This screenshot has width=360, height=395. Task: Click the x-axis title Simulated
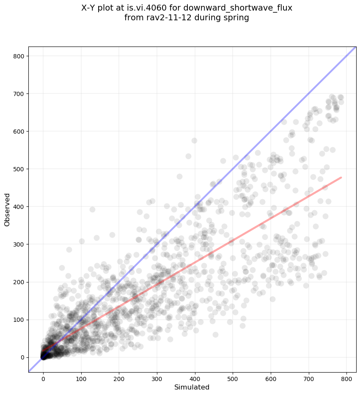192,387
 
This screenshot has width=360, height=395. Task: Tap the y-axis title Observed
8,209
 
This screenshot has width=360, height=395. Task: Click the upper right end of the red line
341,178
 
